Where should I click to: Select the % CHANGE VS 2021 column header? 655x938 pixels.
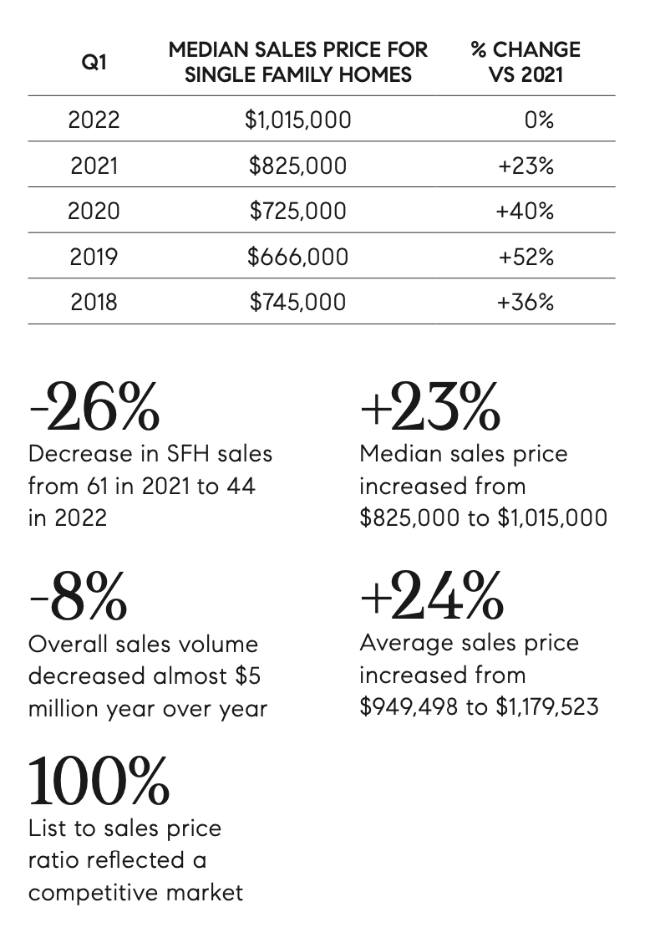(x=525, y=62)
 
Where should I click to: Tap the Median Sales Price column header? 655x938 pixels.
(x=297, y=62)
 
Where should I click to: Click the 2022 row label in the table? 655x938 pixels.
(x=94, y=120)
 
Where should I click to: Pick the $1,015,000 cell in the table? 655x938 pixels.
(x=297, y=120)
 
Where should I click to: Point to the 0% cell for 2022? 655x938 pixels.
(x=539, y=120)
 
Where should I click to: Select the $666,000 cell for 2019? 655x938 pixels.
(x=297, y=256)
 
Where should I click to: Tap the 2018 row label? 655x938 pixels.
(x=94, y=301)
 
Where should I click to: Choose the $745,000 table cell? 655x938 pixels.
(x=297, y=301)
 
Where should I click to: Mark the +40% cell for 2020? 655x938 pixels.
(x=525, y=211)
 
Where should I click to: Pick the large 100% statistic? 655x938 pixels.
(x=99, y=782)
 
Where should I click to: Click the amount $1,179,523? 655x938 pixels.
(x=548, y=707)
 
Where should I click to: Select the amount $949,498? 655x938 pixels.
(x=409, y=707)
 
